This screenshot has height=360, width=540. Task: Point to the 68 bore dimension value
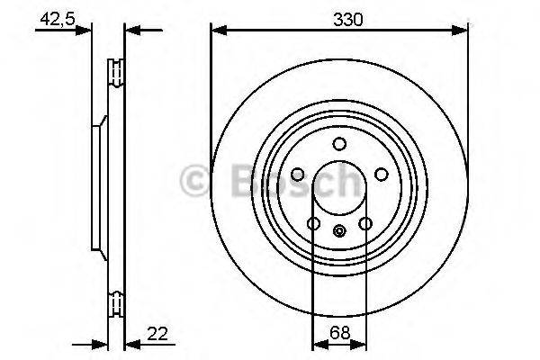tap(338, 333)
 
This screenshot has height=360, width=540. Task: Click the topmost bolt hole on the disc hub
tap(339, 144)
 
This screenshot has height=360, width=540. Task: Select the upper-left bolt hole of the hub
tap(298, 175)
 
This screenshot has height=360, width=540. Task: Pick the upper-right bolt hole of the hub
tap(381, 175)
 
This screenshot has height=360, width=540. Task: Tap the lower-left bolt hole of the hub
tap(313, 223)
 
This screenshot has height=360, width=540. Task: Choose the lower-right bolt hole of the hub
tap(365, 223)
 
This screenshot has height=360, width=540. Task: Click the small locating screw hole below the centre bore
tap(339, 230)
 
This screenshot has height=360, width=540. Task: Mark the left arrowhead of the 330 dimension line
tap(217, 31)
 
